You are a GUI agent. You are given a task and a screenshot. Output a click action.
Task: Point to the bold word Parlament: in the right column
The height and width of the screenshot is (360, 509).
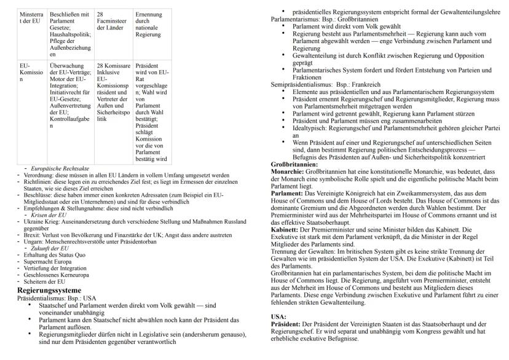point(287,194)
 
